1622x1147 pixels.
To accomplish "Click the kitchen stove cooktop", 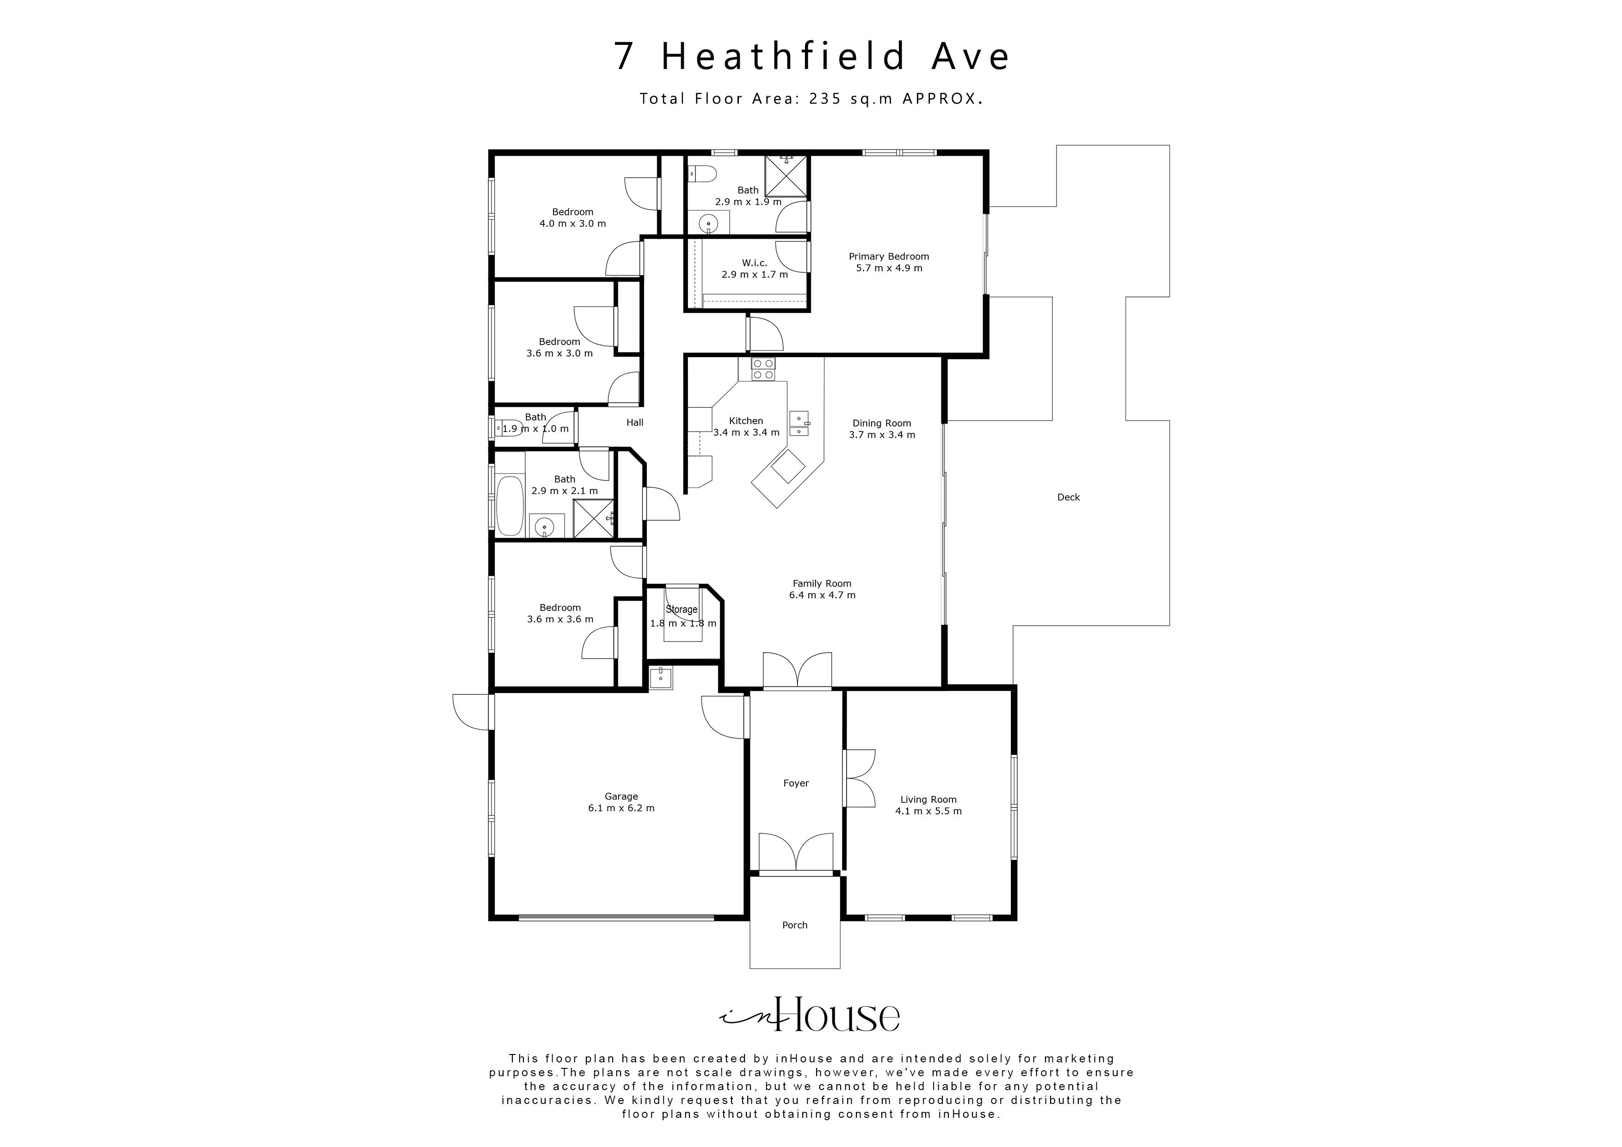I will [763, 369].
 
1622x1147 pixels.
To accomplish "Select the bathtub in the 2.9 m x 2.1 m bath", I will [510, 506].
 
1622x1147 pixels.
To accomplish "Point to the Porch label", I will [795, 925].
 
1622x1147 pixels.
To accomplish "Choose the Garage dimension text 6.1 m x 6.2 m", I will [621, 808].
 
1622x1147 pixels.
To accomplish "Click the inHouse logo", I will [810, 1016].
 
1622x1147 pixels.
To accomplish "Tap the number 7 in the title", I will [624, 56].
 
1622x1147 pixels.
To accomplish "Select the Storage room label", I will [682, 609].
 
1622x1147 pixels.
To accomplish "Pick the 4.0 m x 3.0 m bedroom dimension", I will [573, 224].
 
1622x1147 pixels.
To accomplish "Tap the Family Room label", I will [822, 584].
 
